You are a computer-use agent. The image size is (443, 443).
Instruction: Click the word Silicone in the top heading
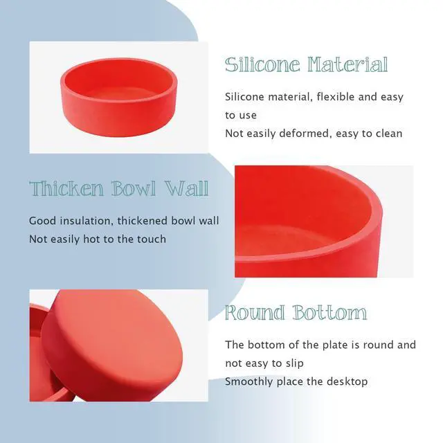pyautogui.click(x=262, y=64)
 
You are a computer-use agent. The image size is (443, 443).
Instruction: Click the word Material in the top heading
pyautogui.click(x=347, y=64)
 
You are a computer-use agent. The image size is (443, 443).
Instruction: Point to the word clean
pyautogui.click(x=388, y=134)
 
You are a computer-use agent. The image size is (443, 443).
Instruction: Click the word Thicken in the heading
pyautogui.click(x=66, y=188)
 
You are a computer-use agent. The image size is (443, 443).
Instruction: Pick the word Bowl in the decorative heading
pyautogui.click(x=134, y=188)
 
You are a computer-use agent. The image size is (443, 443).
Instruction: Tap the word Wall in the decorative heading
pyautogui.click(x=187, y=188)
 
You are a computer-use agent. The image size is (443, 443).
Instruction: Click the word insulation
pyautogui.click(x=87, y=221)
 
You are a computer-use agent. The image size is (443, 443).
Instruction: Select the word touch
pyautogui.click(x=152, y=239)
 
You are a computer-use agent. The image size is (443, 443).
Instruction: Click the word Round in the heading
pyautogui.click(x=255, y=312)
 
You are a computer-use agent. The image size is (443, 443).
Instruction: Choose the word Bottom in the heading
pyautogui.click(x=329, y=312)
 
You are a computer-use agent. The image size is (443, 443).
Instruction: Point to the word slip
pyautogui.click(x=295, y=363)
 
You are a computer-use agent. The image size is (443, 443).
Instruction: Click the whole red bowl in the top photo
pyautogui.click(x=118, y=97)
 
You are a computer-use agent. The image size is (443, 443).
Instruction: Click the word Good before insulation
pyautogui.click(x=43, y=221)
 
